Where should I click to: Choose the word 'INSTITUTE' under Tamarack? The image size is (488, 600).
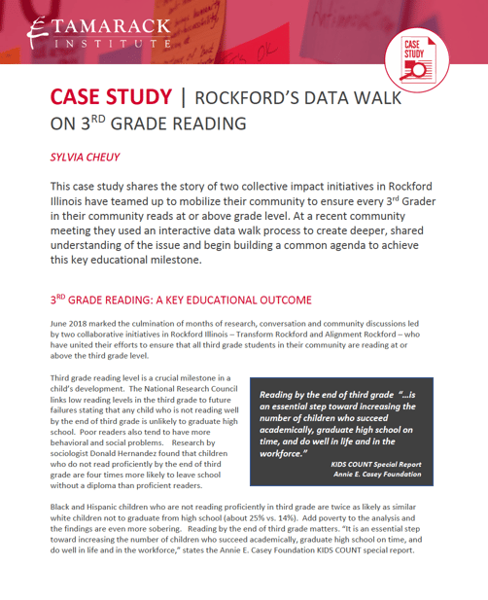pos(114,44)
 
